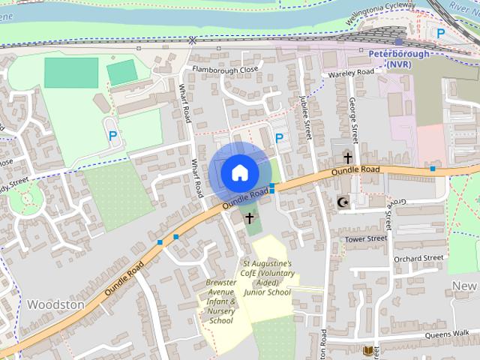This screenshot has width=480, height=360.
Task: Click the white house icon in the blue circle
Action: pyautogui.click(x=238, y=172)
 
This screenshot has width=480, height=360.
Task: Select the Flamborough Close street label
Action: pyautogui.click(x=225, y=69)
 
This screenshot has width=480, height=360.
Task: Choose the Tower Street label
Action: pyautogui.click(x=365, y=238)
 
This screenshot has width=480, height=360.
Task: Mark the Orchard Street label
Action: pyautogui.click(x=418, y=258)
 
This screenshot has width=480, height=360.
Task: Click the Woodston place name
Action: pyautogui.click(x=55, y=304)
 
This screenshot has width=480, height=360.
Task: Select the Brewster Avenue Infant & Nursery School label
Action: pyautogui.click(x=221, y=301)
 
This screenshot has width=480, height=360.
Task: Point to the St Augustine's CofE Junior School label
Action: pyautogui.click(x=266, y=278)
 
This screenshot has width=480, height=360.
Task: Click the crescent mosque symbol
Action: pyautogui.click(x=344, y=202)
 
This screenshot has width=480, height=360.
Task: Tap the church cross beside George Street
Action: pyautogui.click(x=347, y=157)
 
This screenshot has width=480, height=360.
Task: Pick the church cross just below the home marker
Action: pyautogui.click(x=249, y=217)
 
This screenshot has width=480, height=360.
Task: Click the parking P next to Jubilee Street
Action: pyautogui.click(x=279, y=138)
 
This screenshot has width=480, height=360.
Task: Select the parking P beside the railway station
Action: pyautogui.click(x=441, y=33)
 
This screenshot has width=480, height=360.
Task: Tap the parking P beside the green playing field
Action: pyautogui.click(x=112, y=136)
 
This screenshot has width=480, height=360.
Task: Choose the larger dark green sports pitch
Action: pyautogui.click(x=71, y=73)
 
